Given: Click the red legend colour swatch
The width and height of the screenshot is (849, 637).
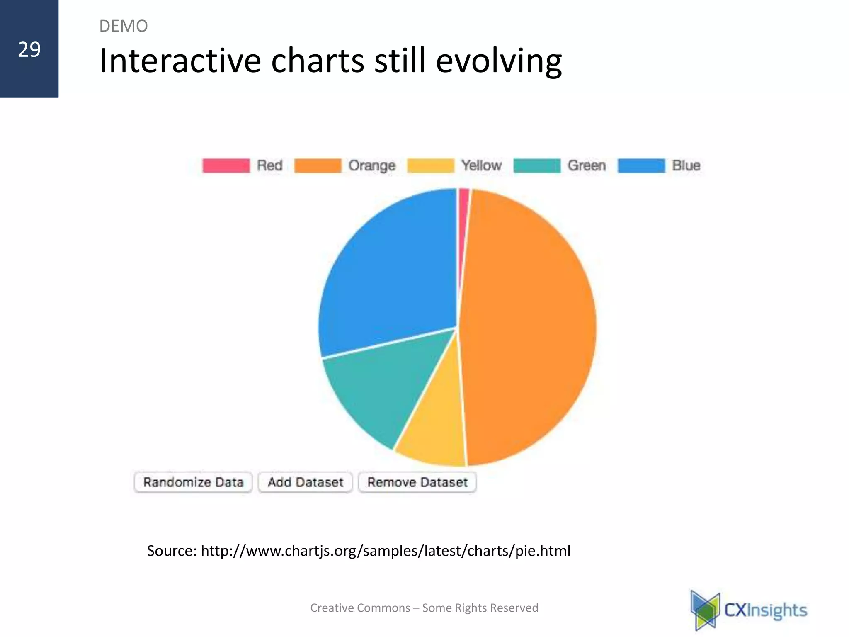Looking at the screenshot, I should click(226, 165).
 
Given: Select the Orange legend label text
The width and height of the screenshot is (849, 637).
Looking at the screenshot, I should click(372, 165).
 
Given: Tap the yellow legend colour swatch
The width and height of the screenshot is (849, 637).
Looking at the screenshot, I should click(431, 165).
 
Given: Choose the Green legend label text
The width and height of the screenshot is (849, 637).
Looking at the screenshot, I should click(587, 165).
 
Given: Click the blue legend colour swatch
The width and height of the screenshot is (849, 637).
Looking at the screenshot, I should click(641, 165).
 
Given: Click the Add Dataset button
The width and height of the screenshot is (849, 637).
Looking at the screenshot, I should click(306, 482).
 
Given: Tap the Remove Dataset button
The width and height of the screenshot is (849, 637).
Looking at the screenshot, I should click(417, 482).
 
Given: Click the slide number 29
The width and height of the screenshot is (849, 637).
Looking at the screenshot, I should click(29, 50).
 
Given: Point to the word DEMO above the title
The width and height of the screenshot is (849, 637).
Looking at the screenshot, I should click(124, 26).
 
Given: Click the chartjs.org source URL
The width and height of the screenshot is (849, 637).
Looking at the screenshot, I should click(386, 551).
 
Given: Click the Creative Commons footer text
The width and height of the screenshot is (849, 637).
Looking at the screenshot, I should click(424, 608).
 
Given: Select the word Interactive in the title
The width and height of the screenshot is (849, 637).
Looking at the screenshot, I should click(180, 61).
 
